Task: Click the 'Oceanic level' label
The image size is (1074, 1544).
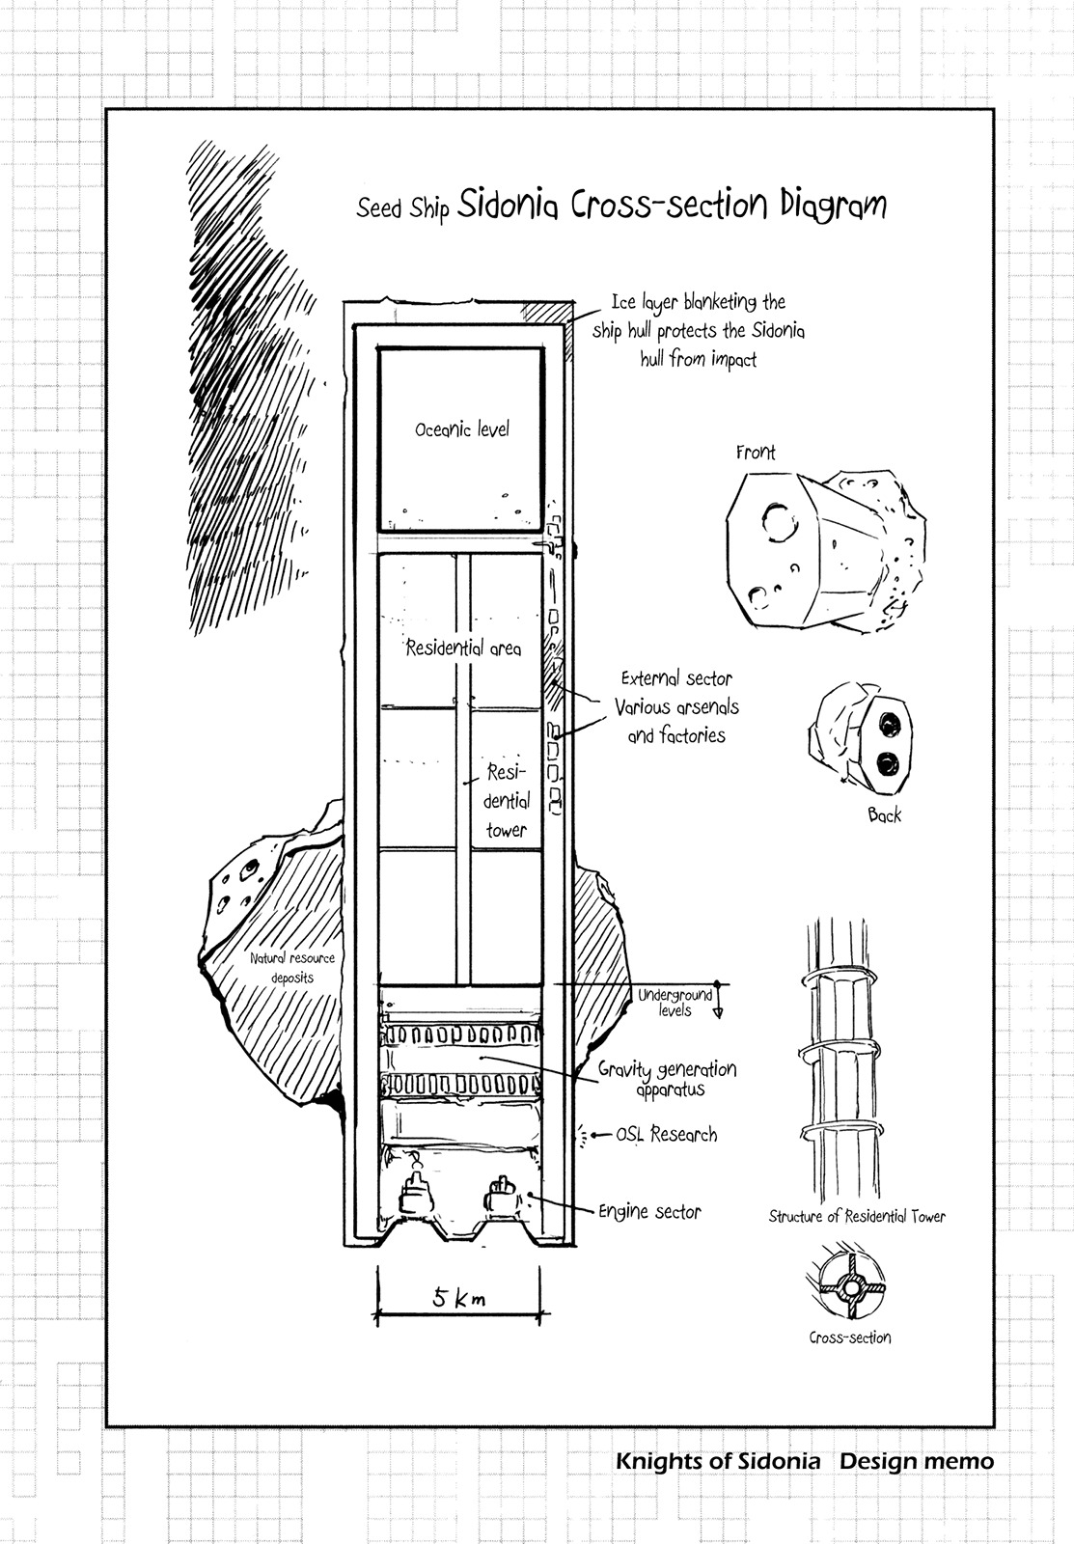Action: point(461,429)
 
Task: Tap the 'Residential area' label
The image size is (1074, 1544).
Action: point(463,648)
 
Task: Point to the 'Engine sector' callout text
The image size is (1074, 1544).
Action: point(649,1212)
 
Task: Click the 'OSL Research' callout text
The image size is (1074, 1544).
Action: point(667,1135)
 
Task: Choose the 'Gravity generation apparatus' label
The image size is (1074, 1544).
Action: point(667,1079)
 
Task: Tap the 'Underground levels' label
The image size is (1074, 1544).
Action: point(675,1002)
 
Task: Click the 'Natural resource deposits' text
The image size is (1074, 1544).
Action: point(291,967)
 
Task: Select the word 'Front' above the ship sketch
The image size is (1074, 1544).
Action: point(756,453)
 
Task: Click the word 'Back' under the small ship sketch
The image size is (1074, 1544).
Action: point(884,815)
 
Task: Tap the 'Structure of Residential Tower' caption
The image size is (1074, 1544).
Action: point(857,1217)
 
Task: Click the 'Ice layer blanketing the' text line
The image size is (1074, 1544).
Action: point(699,302)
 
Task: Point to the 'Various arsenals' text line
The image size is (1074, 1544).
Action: point(676,707)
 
